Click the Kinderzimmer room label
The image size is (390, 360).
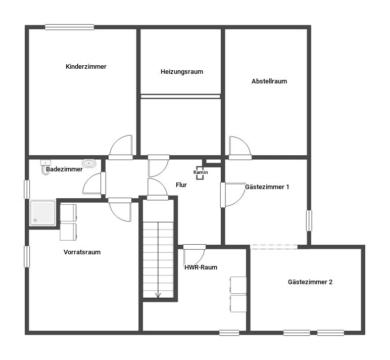pos(86,66)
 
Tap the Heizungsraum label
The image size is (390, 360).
pos(182,72)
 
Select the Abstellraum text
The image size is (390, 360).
pos(269,81)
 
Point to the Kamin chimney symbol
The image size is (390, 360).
pos(200,173)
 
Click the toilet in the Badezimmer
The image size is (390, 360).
pos(45,167)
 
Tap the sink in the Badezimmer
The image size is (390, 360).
pos(89,163)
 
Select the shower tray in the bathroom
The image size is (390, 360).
pos(42,213)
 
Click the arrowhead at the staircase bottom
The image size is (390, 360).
pos(158,295)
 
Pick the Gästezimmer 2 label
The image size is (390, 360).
pos(310,282)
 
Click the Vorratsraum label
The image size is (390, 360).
pos(82,252)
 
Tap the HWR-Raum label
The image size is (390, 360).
pos(201,267)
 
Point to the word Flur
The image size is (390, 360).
pos(181,185)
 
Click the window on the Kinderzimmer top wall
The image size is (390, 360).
pos(69,27)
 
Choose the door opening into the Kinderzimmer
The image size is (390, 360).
pos(121,147)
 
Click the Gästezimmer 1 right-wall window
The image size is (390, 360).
pos(309,220)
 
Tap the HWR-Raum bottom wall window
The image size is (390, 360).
pos(229,333)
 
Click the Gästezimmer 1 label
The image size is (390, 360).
pos(267,187)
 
